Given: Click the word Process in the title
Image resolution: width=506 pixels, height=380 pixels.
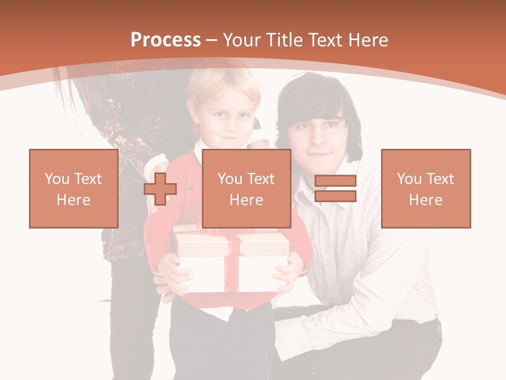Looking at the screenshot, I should coord(166,40).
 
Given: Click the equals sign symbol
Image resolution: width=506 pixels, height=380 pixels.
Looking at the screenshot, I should coord(335,188).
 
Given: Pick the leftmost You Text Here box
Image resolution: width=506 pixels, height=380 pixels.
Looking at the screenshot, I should coord(73,188).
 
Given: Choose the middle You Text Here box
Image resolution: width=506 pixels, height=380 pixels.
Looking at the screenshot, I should coord(246,188).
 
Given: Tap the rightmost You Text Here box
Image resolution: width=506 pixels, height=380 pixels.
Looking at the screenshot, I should coord(425,188).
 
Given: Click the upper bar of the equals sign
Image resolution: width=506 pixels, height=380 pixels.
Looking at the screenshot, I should coord(335,181).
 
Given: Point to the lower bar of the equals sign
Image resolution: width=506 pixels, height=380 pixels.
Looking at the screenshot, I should coord(335,196).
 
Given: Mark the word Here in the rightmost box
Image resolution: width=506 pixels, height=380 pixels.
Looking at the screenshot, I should coord(425,200).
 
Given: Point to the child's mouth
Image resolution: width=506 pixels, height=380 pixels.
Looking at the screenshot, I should coord(230,138).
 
